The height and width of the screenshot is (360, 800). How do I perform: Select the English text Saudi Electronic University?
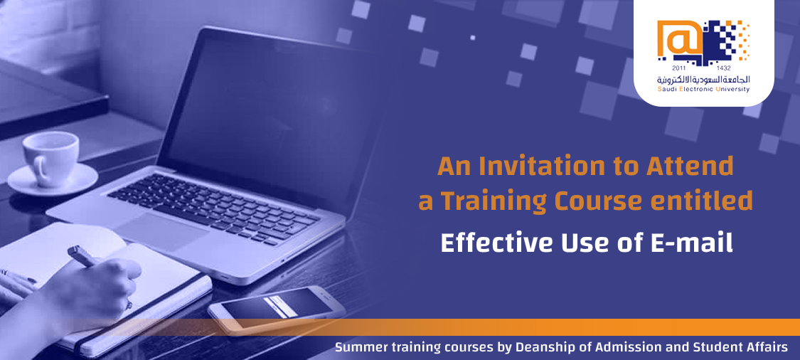[x=704, y=90]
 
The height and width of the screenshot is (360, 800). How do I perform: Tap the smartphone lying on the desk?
[x=277, y=310]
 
